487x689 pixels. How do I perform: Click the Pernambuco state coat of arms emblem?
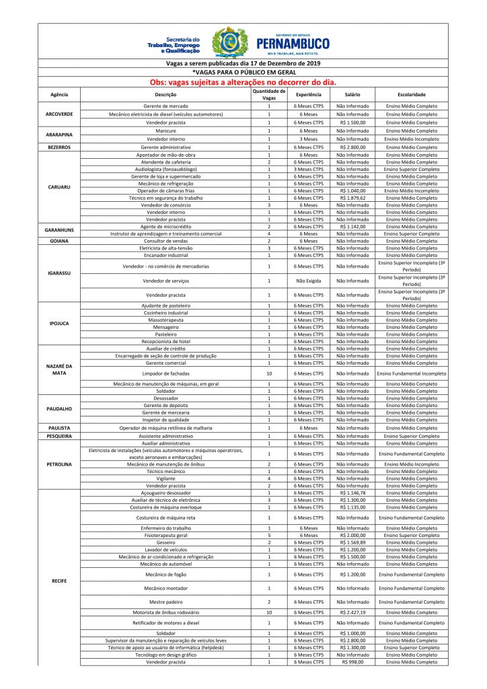pyautogui.click(x=229, y=43)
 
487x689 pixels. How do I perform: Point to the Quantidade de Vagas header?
pyautogui.click(x=269, y=95)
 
